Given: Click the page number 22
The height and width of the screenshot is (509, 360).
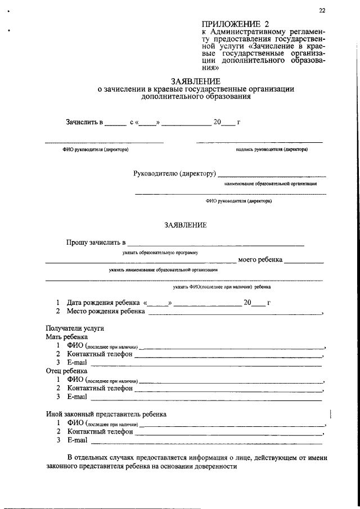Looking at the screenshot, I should tap(322, 11).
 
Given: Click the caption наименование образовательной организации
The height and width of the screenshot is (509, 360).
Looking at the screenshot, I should tap(271, 183).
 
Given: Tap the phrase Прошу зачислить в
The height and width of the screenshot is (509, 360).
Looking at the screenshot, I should tap(95, 242).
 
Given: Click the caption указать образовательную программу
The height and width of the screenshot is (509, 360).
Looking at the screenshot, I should tap(160, 253).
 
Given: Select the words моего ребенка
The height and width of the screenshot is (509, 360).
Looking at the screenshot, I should tap(259, 260).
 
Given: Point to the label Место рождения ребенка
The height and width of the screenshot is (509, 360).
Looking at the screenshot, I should tap(106, 311).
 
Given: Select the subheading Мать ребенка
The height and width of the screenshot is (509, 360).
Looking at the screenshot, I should tap(66, 336).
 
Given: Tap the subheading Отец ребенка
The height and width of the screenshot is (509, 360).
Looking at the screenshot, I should tap(66, 371).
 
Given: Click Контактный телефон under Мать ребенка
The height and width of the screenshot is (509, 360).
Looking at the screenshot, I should tap(100, 354).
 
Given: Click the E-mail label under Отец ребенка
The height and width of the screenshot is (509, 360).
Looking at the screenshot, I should tap(77, 397).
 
